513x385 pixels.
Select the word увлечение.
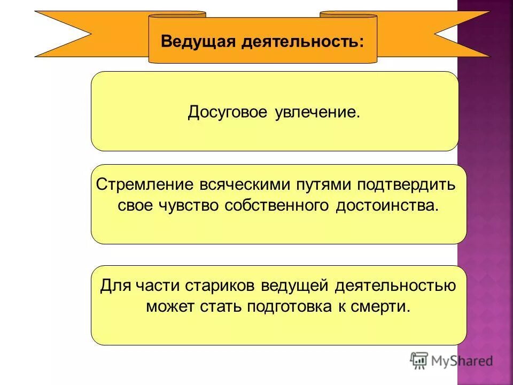coord(318,113)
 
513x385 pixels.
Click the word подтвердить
coord(406,185)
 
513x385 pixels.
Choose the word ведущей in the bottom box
coord(294,286)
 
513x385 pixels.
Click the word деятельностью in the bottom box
coord(395,286)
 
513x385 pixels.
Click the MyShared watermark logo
coord(452,361)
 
